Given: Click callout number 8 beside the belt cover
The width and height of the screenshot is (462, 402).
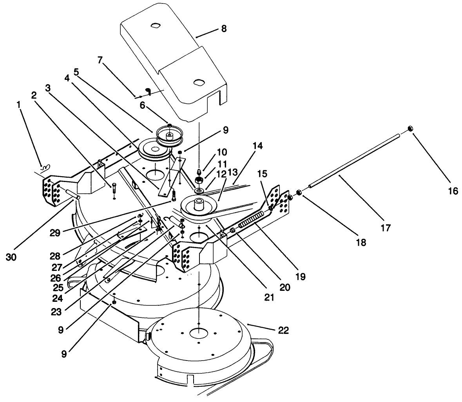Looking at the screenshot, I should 224,29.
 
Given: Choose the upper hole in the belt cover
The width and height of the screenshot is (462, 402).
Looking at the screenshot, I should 156,25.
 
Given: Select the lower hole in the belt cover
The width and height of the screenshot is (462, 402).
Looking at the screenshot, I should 199,83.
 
